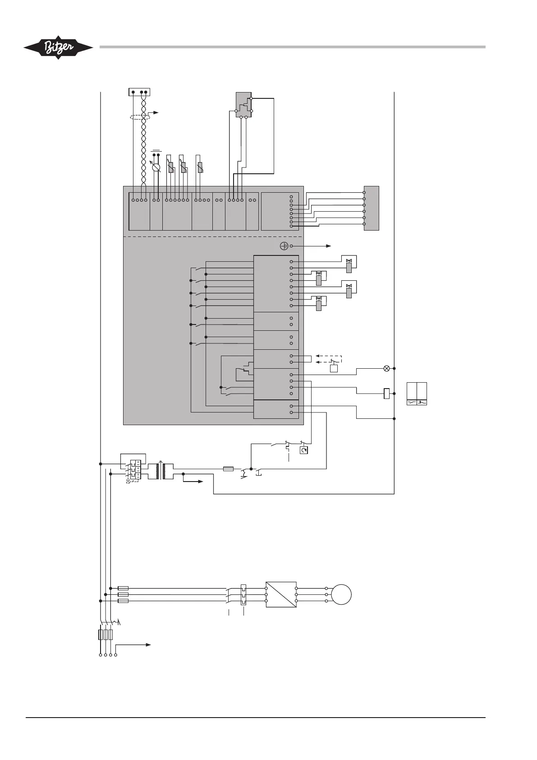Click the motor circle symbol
click(x=341, y=594)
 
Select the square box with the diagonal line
click(x=281, y=594)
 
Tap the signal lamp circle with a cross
click(x=386, y=368)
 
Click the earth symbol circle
click(x=284, y=246)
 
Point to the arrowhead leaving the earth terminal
click(x=330, y=246)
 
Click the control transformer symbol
click(x=161, y=471)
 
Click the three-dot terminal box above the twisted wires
click(x=139, y=92)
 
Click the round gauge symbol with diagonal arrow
click(x=156, y=168)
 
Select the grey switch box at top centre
click(x=244, y=105)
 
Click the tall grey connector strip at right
click(x=372, y=208)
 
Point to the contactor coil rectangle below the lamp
click(x=386, y=394)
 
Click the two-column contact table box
click(x=417, y=394)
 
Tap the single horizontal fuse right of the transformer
click(x=228, y=469)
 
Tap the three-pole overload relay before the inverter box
click(x=243, y=594)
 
